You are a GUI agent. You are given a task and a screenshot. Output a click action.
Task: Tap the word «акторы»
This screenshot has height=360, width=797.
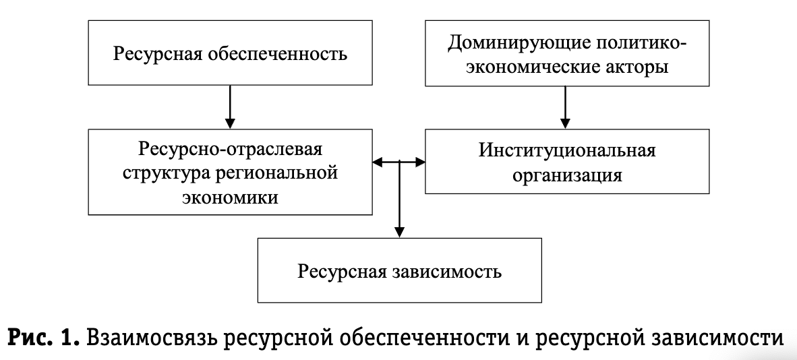coord(634,67)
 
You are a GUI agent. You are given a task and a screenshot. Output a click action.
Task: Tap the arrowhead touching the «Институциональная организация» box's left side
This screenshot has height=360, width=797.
coord(419,162)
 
